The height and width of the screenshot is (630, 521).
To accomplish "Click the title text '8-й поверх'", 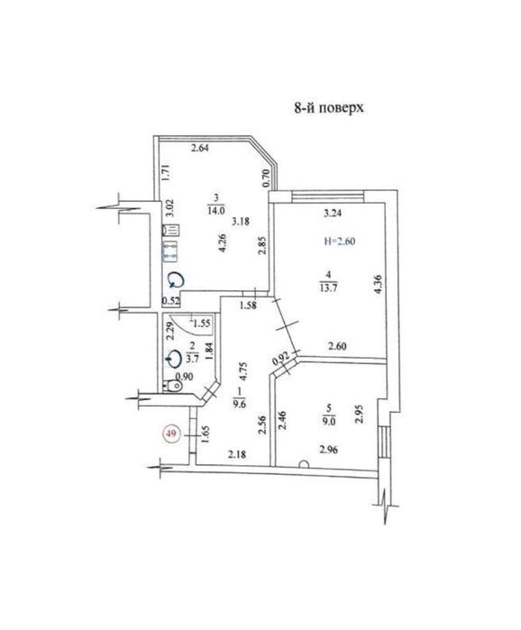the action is tap(329, 107).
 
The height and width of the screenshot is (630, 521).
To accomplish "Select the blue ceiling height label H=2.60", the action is tap(340, 241).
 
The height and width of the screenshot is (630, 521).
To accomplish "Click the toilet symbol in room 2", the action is tap(173, 386).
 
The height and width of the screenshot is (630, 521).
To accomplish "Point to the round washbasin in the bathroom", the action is tap(174, 359).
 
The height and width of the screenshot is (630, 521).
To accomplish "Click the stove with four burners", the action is tap(169, 250).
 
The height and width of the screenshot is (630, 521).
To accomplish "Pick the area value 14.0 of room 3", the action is tap(216, 210).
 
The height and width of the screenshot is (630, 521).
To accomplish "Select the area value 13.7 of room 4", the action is tap(329, 288).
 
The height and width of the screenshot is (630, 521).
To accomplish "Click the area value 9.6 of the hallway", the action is tap(240, 404).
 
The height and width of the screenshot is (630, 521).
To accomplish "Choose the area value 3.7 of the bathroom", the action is tap(193, 359).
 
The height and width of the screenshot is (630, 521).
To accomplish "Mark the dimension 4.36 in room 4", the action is tap(378, 285).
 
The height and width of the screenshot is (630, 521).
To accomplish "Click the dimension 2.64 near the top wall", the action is tap(199, 148).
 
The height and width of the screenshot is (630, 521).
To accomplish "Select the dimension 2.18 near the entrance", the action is tap(237, 454).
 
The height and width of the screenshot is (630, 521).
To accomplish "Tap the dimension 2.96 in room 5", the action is tap(329, 450).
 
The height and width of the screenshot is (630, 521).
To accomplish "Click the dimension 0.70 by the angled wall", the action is tap(265, 178).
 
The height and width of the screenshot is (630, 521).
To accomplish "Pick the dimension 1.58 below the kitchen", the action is tap(248, 306).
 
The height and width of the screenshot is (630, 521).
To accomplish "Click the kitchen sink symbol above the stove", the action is tap(170, 230).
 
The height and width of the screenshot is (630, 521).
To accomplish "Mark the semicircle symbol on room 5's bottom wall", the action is tap(304, 463).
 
